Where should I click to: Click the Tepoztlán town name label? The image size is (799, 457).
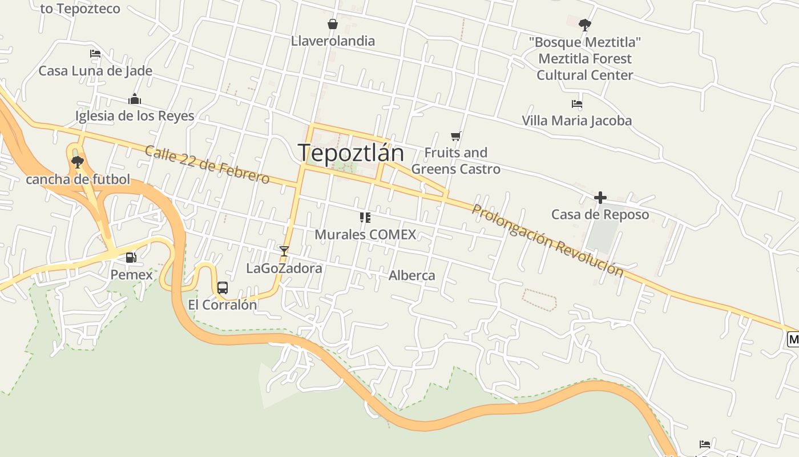click(x=350, y=153)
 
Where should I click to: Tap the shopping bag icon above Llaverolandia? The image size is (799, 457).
click(x=333, y=24)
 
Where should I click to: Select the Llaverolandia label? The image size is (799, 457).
click(x=333, y=41)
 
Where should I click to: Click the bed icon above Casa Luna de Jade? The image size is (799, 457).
click(x=95, y=54)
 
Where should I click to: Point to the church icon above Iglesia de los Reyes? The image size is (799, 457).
click(x=135, y=99)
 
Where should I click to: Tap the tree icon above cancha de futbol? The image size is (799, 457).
click(x=78, y=162)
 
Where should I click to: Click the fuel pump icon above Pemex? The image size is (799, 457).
click(x=131, y=258)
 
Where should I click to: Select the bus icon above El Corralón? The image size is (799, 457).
click(x=223, y=288)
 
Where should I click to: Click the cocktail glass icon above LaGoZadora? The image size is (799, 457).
click(x=284, y=251)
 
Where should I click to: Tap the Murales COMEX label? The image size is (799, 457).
click(x=365, y=234)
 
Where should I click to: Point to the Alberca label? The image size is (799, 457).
click(x=411, y=275)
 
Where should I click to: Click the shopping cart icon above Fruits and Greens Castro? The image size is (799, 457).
click(x=455, y=136)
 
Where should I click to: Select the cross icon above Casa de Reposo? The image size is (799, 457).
click(x=600, y=198)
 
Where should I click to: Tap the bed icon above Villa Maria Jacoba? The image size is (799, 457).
click(x=576, y=104)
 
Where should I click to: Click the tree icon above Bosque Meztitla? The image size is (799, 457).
click(x=584, y=25)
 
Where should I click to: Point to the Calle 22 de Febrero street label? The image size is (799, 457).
click(x=207, y=165)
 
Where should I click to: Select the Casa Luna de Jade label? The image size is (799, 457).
click(x=95, y=71)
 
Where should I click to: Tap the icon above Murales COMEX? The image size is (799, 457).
click(x=365, y=217)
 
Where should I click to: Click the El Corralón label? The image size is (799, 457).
click(x=223, y=305)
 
